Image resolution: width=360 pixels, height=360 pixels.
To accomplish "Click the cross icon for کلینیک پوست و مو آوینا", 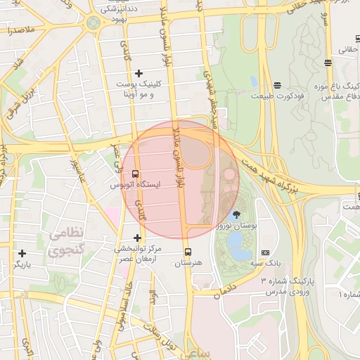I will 139,73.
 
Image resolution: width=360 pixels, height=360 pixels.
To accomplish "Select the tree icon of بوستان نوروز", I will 235,215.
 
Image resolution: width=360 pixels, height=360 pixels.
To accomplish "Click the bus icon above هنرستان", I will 188,252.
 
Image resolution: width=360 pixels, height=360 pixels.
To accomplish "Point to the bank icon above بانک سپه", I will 265,252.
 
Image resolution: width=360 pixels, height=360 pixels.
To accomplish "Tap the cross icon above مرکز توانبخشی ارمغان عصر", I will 137,238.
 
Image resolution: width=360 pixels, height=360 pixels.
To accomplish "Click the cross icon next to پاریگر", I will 22,253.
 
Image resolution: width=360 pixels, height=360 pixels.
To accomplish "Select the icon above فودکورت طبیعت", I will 278,85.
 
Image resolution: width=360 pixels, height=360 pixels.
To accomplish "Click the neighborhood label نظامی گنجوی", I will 66,240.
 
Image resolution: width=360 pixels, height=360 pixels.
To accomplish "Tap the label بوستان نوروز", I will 236,226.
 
